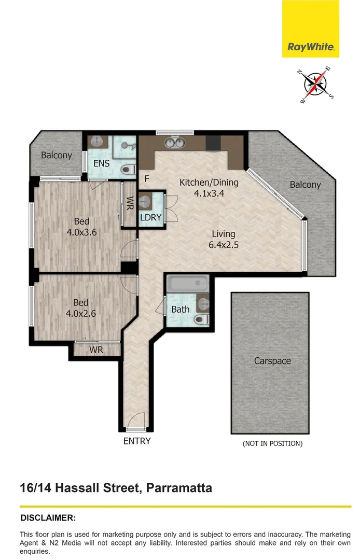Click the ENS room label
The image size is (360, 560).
click(x=101, y=163)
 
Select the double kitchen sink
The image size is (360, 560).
click(x=174, y=142)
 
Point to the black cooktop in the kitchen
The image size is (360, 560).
click(x=213, y=142)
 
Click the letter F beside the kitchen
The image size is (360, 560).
click(x=147, y=179)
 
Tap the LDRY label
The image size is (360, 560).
click(x=151, y=217)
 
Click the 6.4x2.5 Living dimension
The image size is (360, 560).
click(x=223, y=245)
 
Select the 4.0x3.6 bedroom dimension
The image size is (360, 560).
click(x=81, y=232)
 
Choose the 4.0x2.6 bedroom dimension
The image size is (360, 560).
click(x=81, y=314)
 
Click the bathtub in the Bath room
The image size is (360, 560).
click(x=187, y=284)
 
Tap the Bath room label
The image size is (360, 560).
click(x=180, y=310)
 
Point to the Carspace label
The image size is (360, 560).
click(x=272, y=360)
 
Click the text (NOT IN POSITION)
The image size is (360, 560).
click(x=272, y=443)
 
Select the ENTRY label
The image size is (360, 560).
click(x=137, y=441)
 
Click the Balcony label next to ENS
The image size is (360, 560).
click(x=57, y=155)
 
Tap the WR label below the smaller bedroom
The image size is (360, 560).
click(x=96, y=350)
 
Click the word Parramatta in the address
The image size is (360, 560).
click(x=179, y=488)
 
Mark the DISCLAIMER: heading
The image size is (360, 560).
click(x=48, y=517)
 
